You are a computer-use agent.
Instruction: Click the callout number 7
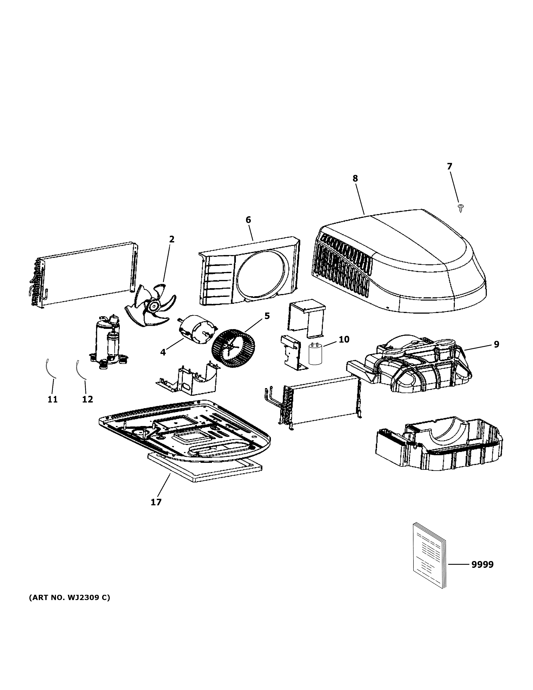449,166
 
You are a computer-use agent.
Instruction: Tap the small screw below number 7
460,208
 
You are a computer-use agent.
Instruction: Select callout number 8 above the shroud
355,179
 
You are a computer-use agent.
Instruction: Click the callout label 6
248,220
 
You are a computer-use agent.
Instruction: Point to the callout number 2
171,239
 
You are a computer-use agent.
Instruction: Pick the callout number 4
163,352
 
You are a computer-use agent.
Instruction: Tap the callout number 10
344,339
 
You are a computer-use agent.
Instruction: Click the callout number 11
53,399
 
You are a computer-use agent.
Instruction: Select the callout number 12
88,399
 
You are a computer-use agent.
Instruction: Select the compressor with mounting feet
107,341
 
